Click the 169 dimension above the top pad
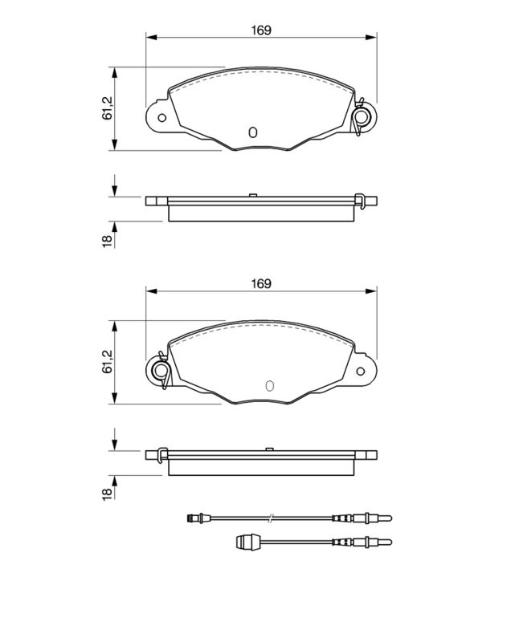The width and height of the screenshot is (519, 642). point(261,30)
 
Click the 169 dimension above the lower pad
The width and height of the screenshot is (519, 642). point(261,284)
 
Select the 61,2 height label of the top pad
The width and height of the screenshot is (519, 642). point(108,108)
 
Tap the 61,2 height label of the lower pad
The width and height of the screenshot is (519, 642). point(108,362)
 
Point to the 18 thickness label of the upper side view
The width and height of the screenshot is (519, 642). point(108,242)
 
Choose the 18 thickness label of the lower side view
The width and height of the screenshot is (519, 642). point(108,494)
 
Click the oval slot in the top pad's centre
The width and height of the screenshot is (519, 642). point(253,132)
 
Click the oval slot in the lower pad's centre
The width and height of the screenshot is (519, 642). point(269,386)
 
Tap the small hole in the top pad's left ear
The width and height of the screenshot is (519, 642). point(162,118)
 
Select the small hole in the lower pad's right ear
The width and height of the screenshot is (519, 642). point(361,372)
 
